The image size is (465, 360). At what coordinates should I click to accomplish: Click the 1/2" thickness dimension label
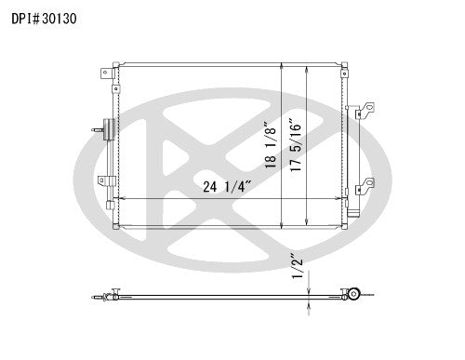(x=297, y=265)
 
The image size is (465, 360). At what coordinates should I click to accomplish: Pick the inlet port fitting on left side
(x=103, y=128)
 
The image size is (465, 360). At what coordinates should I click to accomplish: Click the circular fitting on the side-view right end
(x=354, y=295)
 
